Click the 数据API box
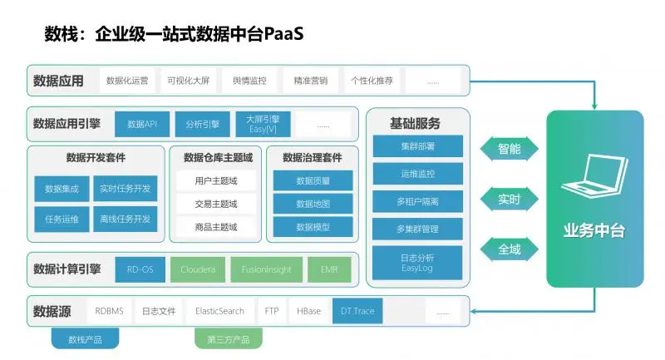142,125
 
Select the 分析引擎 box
203,125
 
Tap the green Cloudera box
198,269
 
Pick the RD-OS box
140,269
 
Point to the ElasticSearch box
219,311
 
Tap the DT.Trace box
357,311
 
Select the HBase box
308,311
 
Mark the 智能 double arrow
509,150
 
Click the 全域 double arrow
509,248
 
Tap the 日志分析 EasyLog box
417,262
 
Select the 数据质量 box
313,180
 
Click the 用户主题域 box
216,180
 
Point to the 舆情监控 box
244,81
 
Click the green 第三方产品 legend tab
228,338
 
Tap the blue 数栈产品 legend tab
84,338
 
